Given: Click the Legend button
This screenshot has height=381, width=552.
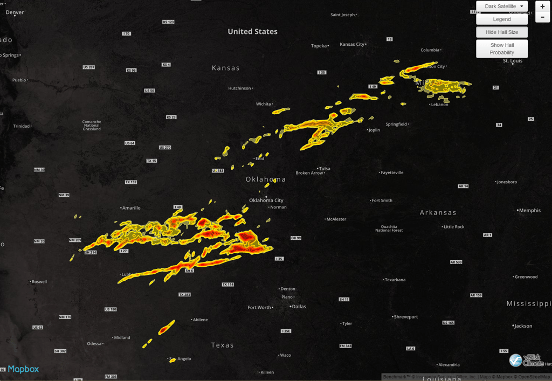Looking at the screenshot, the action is (x=502, y=19).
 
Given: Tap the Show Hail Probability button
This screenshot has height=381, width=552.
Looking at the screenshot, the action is (x=502, y=49).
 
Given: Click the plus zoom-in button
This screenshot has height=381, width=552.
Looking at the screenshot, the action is (x=542, y=6).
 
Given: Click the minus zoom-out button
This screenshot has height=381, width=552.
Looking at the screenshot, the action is (x=542, y=17).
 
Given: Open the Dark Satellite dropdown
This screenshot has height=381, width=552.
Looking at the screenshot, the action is (x=502, y=6).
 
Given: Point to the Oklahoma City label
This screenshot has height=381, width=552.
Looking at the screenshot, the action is (x=266, y=200).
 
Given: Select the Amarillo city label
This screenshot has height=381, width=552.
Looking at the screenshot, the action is (x=131, y=208).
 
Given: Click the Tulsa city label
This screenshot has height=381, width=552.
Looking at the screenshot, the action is (x=325, y=169).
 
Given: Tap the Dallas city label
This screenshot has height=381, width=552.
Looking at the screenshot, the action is (x=299, y=307).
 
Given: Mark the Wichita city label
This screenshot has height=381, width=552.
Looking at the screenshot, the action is (x=264, y=104).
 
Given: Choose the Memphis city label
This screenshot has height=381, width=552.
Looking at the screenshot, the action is (x=529, y=211).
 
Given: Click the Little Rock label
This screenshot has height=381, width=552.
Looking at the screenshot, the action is (x=454, y=227).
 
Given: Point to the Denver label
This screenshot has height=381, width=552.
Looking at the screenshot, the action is (x=15, y=12).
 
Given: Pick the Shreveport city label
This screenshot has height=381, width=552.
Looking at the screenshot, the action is (x=406, y=317).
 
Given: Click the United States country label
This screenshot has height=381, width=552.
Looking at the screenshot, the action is (x=252, y=32).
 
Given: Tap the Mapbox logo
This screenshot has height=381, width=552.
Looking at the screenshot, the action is (x=23, y=369).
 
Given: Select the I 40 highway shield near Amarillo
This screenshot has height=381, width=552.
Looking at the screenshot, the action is (x=178, y=207).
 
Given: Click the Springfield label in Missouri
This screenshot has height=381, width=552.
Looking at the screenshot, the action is (x=396, y=124).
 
